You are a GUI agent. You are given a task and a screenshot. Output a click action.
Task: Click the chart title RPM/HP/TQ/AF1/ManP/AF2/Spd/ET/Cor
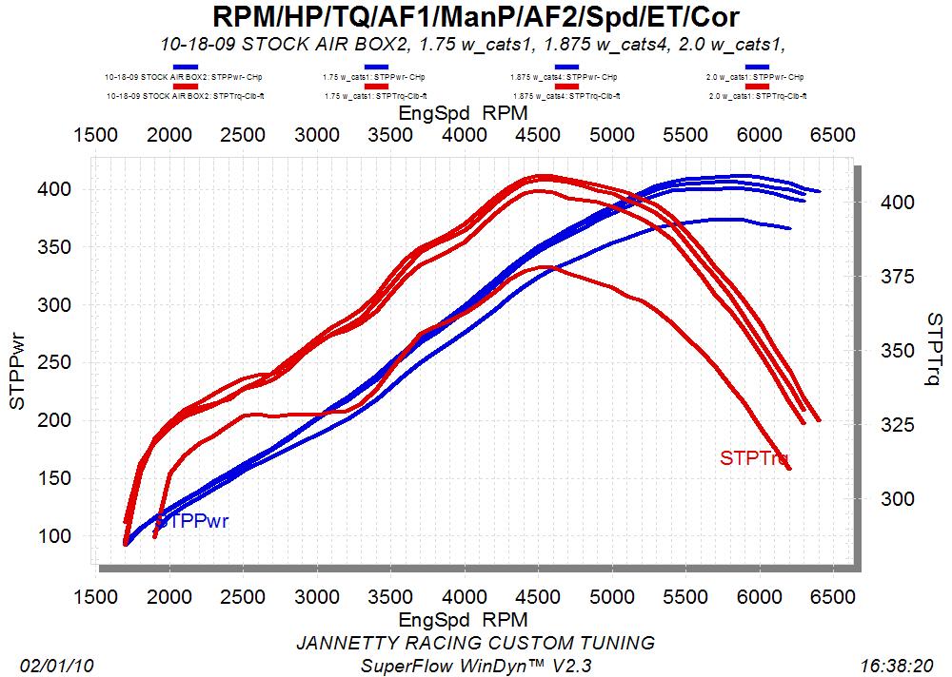coord(475,17)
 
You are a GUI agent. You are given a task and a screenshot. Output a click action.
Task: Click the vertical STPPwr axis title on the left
coord(16,370)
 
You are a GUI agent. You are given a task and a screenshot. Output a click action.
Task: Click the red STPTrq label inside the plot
coord(754,458)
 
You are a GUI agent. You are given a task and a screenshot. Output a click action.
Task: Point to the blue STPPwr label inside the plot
coord(193,521)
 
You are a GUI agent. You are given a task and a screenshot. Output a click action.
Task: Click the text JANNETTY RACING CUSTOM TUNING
coord(476,643)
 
